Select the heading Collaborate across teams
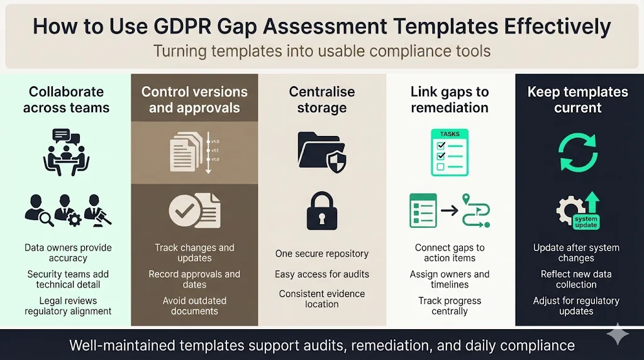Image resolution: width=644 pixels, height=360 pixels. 65,99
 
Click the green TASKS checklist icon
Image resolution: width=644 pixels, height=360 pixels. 450,152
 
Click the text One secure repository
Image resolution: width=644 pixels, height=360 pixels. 322,254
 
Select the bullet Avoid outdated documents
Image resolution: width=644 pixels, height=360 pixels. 194,306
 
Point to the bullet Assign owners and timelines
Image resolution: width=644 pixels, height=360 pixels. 450,279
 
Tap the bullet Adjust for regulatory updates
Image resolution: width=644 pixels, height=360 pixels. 576,306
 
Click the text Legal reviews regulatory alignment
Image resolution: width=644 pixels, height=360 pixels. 68,306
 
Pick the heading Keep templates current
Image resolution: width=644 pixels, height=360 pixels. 577,99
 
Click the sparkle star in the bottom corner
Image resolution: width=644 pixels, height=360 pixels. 618,334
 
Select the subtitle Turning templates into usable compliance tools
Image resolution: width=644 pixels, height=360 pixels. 321,51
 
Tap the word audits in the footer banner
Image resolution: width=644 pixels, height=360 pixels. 322,346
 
